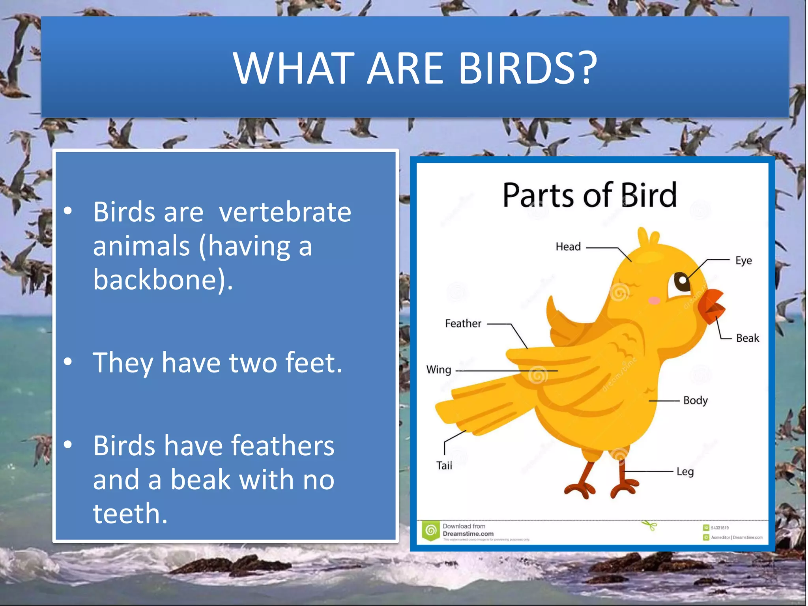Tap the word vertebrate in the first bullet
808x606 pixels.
[285, 212]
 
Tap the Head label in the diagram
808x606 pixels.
[568, 247]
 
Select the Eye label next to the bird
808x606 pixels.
[743, 261]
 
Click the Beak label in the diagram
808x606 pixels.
[747, 338]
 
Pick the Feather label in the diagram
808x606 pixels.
[463, 324]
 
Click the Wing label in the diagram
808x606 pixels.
[438, 370]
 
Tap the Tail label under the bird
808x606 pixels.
[444, 466]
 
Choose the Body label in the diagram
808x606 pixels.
[695, 400]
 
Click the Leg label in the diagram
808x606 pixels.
[685, 472]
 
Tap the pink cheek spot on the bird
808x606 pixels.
[654, 301]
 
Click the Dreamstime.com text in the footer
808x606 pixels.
[468, 534]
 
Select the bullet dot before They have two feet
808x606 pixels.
[68, 362]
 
